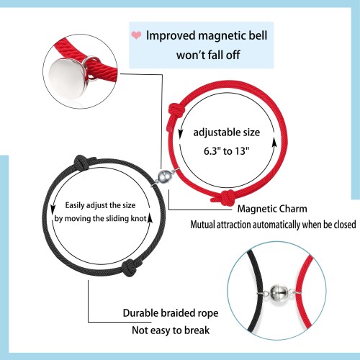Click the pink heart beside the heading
136,35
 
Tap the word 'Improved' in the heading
171,36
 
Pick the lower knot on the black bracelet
131,268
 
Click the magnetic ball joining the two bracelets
164,177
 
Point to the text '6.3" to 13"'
227,151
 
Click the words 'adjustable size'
227,132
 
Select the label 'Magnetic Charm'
272,209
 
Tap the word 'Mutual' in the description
203,225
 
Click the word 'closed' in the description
344,225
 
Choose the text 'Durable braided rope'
171,313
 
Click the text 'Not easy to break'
171,330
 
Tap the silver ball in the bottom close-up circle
279,293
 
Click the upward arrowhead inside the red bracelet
274,143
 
